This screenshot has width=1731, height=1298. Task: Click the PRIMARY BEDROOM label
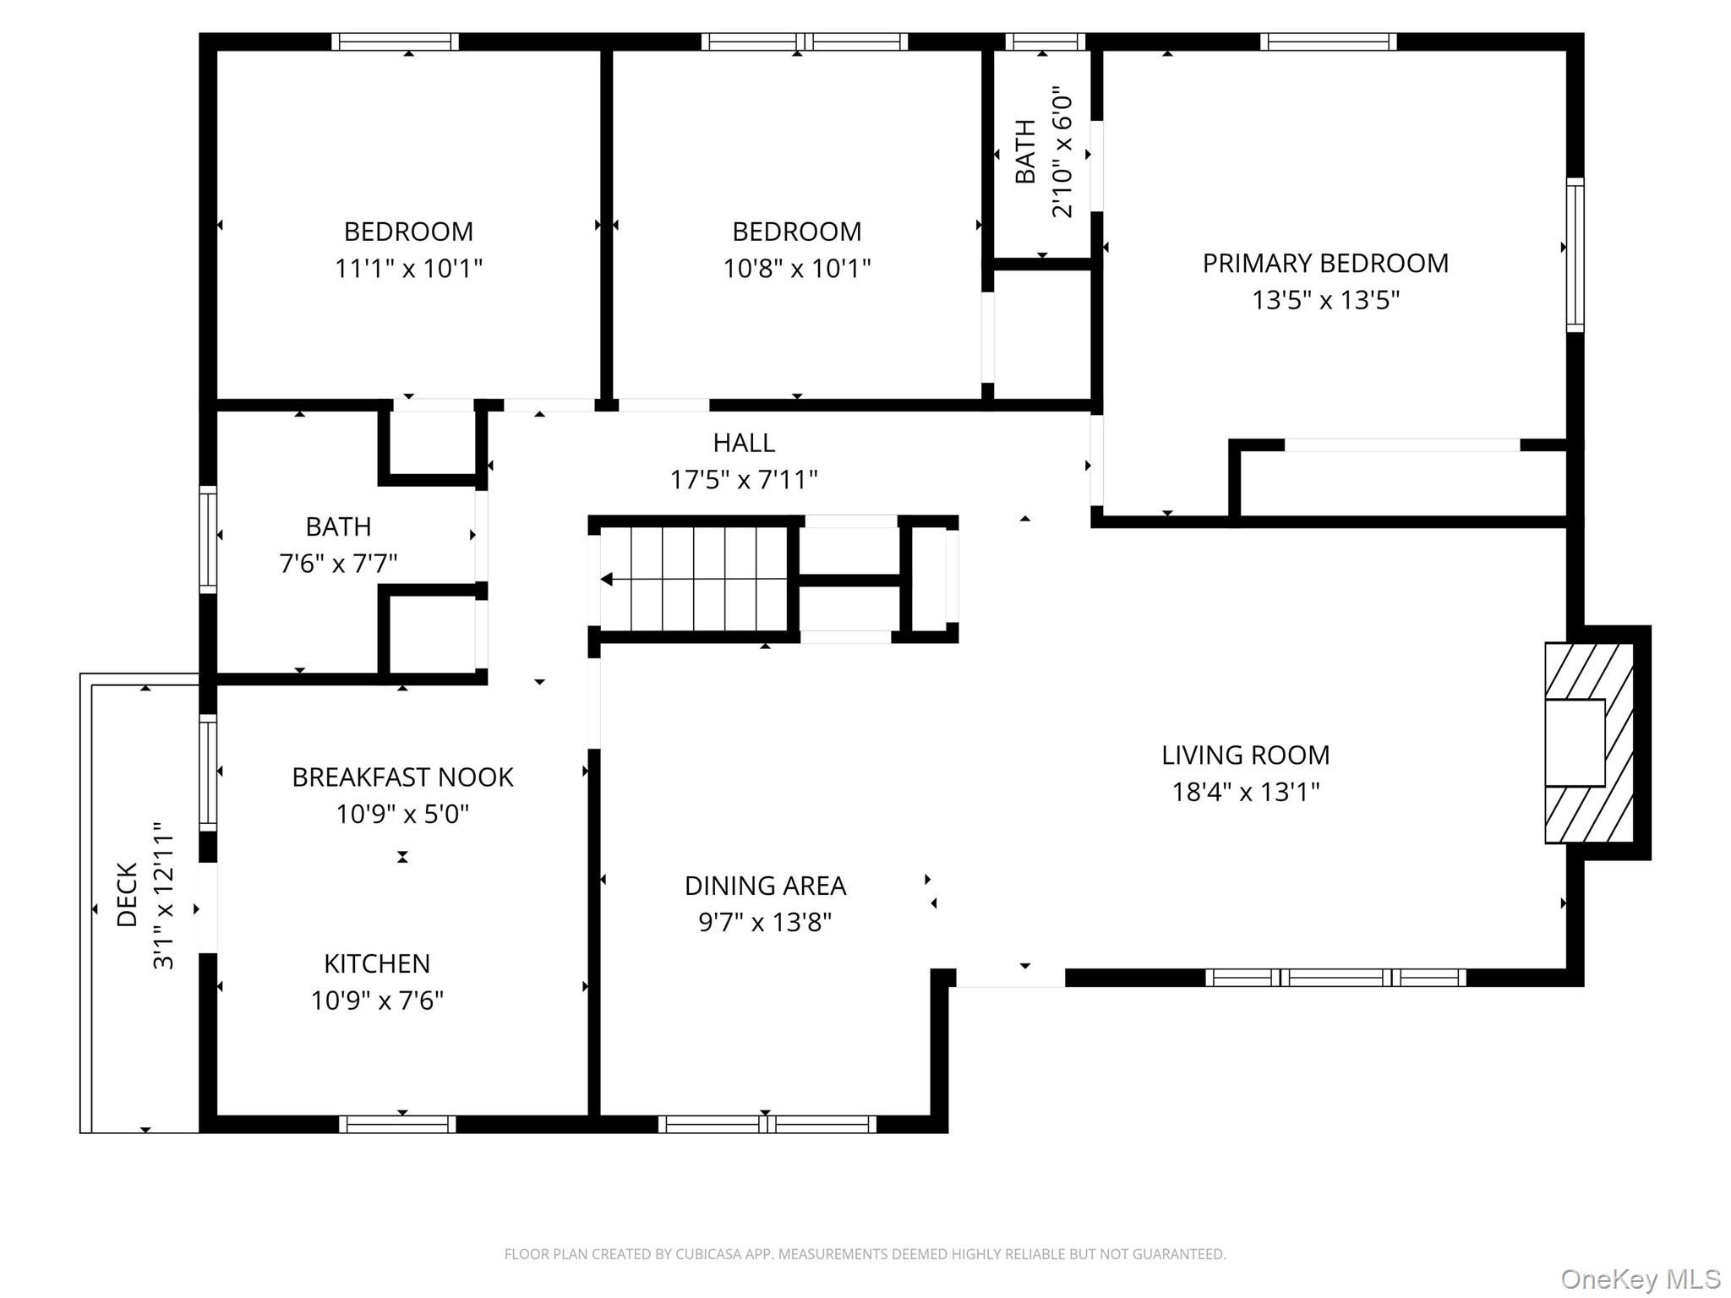[x=1324, y=263]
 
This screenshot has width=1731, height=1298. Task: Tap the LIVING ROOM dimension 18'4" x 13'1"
[x=1245, y=792]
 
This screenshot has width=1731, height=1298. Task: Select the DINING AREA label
[x=765, y=886]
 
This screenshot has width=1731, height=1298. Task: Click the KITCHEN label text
[x=377, y=963]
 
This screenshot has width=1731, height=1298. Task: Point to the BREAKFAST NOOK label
[x=402, y=777]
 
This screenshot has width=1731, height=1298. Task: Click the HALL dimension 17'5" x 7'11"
[x=744, y=480]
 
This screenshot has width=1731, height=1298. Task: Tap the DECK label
[x=127, y=894]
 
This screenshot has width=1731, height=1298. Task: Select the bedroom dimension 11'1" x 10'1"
[x=408, y=269]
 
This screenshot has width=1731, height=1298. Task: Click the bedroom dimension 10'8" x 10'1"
[x=796, y=269]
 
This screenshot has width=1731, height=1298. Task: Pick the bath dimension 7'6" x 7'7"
[x=338, y=563]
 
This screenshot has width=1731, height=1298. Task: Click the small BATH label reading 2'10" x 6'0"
[x=1025, y=151]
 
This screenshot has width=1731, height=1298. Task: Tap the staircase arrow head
[x=606, y=580]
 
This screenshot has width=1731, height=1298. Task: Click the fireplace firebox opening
[x=1574, y=743]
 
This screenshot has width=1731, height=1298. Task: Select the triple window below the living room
[x=1335, y=978]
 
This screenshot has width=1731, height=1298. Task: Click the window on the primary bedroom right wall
[x=1575, y=254]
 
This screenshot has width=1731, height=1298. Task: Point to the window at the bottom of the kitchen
[x=397, y=1124]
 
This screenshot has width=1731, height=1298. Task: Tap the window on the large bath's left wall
[x=208, y=539]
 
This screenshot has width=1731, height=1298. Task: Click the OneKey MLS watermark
[x=1640, y=1279]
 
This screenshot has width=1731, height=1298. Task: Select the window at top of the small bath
[x=1045, y=41]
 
